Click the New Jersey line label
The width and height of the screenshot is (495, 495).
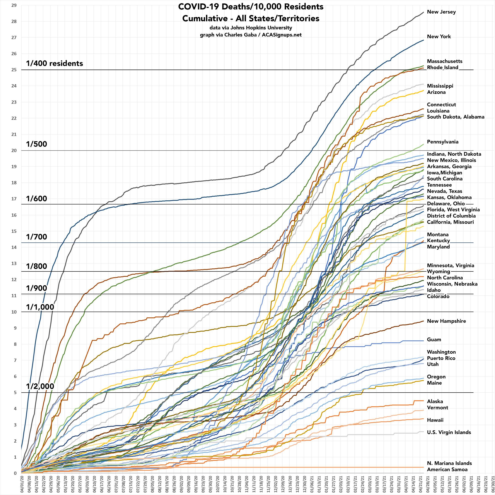click(441, 12)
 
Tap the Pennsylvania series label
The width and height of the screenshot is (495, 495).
click(442, 142)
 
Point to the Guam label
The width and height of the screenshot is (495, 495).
click(434, 340)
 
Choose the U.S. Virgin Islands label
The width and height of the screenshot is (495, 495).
click(449, 433)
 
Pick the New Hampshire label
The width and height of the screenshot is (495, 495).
click(446, 321)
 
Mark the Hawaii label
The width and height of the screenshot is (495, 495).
click(435, 420)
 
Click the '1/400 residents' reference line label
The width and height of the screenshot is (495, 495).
click(55, 64)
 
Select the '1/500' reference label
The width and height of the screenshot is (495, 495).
click(37, 144)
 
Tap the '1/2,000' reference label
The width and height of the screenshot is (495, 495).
click(40, 386)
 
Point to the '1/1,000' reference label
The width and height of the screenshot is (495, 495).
click(40, 307)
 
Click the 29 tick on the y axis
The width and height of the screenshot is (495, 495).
click(14, 5)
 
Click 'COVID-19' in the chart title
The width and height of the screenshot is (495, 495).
click(199, 7)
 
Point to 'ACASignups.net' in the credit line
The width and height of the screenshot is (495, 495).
click(282, 35)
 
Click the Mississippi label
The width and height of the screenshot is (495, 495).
click(440, 86)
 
